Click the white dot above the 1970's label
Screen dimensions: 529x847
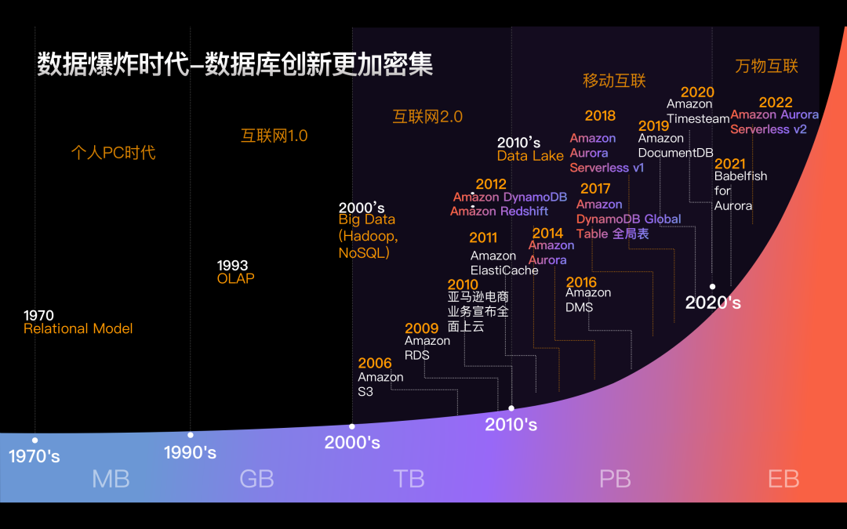point(35,440)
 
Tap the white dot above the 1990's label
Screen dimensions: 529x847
point(191,435)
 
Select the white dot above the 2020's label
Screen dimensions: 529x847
point(712,287)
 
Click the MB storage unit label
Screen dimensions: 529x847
point(111,479)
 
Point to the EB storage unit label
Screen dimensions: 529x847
point(783,479)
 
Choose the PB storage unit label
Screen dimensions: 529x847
point(615,479)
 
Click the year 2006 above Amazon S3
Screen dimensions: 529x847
point(375,363)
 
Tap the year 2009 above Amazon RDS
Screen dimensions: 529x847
point(422,328)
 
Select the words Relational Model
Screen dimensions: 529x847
point(78,329)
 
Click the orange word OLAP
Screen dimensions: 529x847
point(236,278)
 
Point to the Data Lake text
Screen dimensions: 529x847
point(530,156)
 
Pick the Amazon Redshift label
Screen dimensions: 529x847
point(499,212)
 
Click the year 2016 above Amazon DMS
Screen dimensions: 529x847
point(581,282)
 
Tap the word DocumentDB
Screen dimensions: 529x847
point(676,153)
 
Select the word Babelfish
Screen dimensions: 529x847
point(740,176)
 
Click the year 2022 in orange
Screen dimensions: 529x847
point(776,103)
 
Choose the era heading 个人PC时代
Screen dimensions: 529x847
point(113,152)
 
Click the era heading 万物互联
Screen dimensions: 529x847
point(766,67)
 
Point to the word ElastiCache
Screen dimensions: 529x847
point(504,270)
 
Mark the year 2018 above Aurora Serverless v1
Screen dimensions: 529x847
point(600,116)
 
